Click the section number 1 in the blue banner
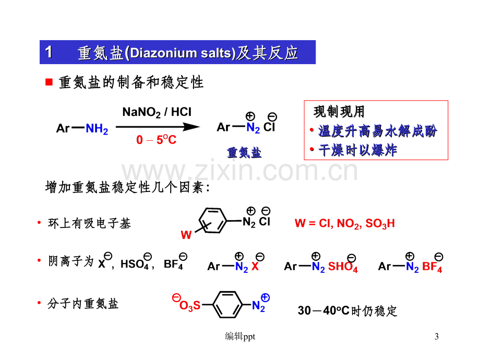[x=49, y=52]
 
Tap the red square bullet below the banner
[x=49, y=82]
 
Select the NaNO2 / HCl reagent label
[x=157, y=112]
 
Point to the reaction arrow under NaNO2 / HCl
[x=158, y=127]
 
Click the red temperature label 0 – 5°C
[x=156, y=140]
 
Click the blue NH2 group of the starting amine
[x=97, y=129]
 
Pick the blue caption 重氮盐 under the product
[x=244, y=152]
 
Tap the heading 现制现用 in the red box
[x=339, y=112]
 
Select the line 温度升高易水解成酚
[x=378, y=131]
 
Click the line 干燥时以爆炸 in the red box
[x=357, y=150]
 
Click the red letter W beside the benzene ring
[x=186, y=235]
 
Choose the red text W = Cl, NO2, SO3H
[x=345, y=223]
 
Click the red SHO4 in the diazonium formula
[x=343, y=266]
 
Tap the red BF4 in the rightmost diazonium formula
[x=432, y=266]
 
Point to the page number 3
[x=437, y=337]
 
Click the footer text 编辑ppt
[x=240, y=337]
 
